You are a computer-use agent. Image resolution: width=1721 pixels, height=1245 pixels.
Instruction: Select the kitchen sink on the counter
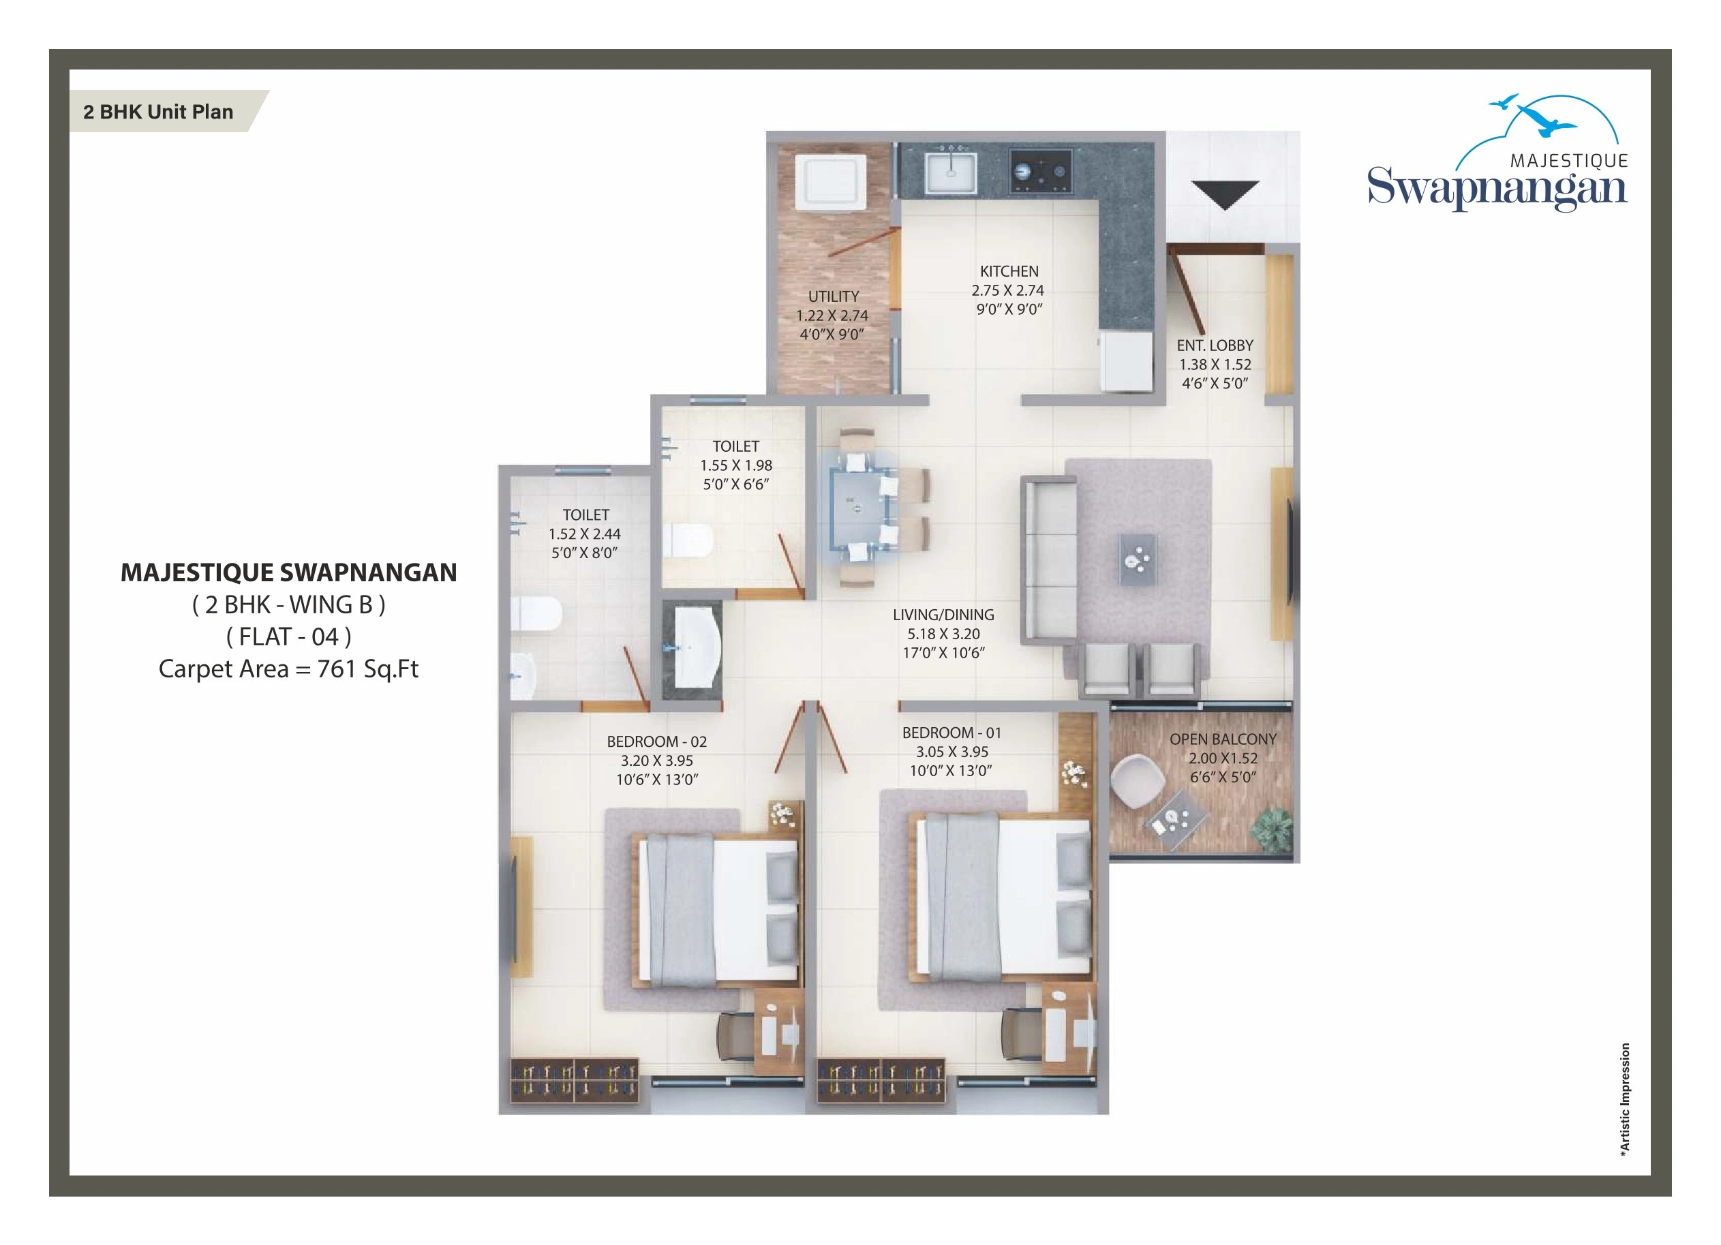(950, 173)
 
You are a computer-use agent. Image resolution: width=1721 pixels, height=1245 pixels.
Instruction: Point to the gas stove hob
(1040, 172)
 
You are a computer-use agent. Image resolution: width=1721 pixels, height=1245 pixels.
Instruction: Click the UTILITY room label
(833, 296)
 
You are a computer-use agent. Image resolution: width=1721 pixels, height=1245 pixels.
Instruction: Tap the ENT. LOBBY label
(1215, 345)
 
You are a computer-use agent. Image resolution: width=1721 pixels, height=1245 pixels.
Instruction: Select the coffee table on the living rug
(1138, 560)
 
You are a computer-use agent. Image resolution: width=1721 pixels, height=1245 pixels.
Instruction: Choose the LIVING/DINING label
(943, 615)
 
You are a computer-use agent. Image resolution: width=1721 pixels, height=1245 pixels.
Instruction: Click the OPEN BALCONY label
(1223, 739)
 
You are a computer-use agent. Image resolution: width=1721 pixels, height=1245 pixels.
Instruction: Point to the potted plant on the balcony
(1273, 829)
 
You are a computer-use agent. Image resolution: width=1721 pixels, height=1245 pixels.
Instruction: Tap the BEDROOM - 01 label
(951, 733)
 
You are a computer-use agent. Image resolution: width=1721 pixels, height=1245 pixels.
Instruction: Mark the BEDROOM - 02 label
(656, 742)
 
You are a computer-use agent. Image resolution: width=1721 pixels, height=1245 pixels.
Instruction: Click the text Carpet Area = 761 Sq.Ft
(288, 669)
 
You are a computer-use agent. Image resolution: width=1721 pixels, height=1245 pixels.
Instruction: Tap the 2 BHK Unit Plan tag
(159, 112)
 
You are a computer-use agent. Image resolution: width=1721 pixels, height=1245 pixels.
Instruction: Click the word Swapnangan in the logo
(1496, 188)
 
